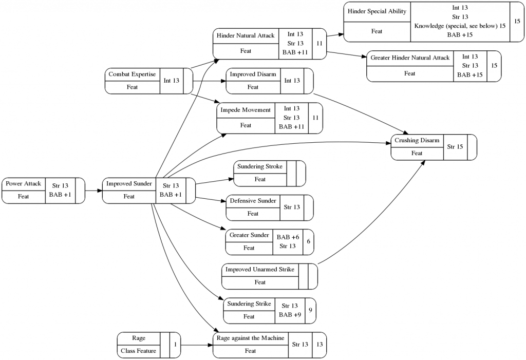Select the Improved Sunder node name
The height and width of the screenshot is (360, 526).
click(129, 184)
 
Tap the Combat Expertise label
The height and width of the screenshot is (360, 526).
click(132, 74)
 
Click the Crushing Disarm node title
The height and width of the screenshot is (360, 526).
click(417, 141)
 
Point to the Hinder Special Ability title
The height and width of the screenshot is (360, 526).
click(377, 11)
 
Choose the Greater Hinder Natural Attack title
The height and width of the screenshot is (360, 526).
click(409, 58)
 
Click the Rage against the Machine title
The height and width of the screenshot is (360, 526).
click(250, 338)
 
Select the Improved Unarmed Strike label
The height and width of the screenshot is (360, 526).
click(260, 270)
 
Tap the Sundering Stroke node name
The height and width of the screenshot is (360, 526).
click(260, 166)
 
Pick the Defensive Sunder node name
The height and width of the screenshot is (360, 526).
click(253, 201)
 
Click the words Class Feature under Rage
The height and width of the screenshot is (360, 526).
click(138, 351)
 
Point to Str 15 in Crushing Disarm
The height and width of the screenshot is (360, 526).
click(455, 147)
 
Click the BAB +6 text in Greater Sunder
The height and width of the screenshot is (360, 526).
click(287, 237)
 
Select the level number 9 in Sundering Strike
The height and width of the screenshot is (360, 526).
click(310, 310)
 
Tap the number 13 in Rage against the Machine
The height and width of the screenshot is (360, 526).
click(319, 345)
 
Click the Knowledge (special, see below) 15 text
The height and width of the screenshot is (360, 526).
click(460, 26)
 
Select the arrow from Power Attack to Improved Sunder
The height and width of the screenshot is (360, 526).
click(93, 191)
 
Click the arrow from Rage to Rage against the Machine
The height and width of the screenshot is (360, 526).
click(197, 345)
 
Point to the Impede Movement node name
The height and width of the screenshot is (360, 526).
click(246, 110)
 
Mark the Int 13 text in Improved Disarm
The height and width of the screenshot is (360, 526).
click(292, 81)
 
